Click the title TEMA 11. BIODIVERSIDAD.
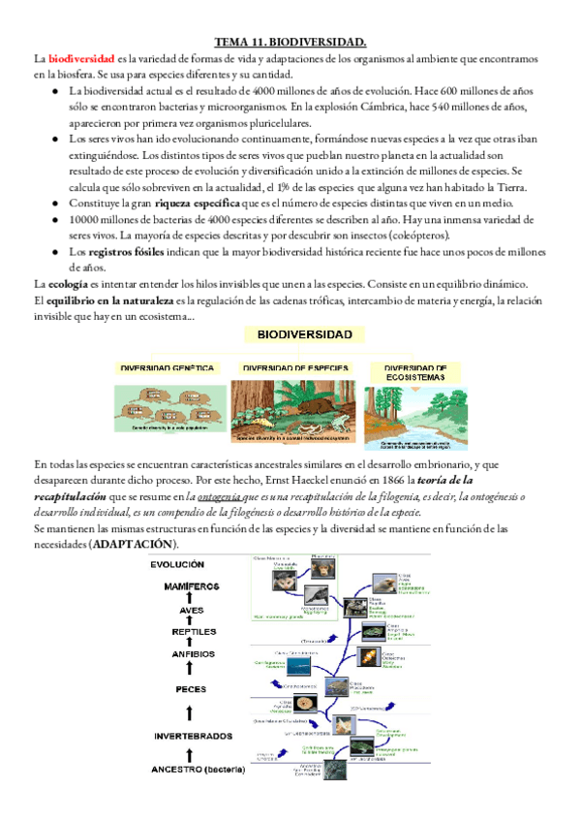pos(290,43)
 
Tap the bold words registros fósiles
pos(124,251)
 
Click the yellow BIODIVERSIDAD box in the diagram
pos(304,335)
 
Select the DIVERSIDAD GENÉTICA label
pos(166,368)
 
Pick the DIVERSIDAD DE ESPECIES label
pos(294,368)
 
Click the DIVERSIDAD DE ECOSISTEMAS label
pos(415,371)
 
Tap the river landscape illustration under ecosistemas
pos(415,412)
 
